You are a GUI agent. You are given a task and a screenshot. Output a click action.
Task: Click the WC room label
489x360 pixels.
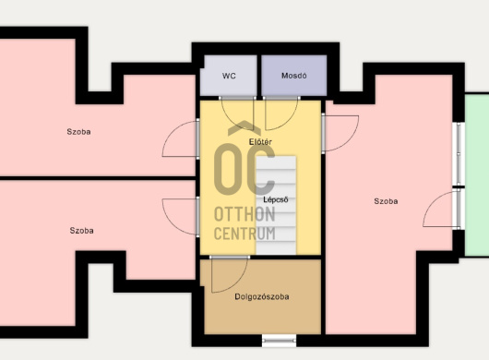tap(229, 76)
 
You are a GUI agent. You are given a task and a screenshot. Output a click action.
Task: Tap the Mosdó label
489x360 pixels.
tap(293, 76)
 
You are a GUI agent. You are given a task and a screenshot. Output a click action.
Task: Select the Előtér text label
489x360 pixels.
tap(260, 142)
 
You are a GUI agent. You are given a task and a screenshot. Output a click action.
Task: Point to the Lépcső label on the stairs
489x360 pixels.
tap(275, 199)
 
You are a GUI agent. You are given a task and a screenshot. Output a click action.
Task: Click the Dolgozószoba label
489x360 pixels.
tap(262, 296)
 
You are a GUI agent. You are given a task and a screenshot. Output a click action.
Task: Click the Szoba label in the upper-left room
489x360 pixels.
tap(78, 132)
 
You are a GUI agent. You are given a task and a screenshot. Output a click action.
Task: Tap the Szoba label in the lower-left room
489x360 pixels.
tap(81, 231)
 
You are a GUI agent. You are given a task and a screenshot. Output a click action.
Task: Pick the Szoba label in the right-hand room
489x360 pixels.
tap(386, 201)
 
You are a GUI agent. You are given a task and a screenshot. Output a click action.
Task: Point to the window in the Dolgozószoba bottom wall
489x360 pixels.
tap(279, 341)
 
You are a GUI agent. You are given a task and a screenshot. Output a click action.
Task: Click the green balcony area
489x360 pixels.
tap(477, 174)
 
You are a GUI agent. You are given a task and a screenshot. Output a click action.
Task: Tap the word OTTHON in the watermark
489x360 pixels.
tap(244, 214)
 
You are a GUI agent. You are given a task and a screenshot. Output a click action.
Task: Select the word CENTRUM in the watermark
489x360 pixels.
tap(244, 234)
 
